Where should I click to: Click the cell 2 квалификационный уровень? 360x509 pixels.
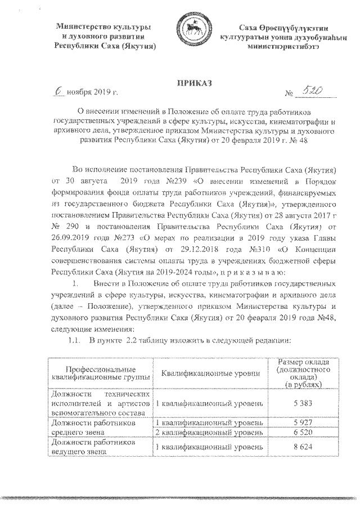pyautogui.click(x=209, y=433)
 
